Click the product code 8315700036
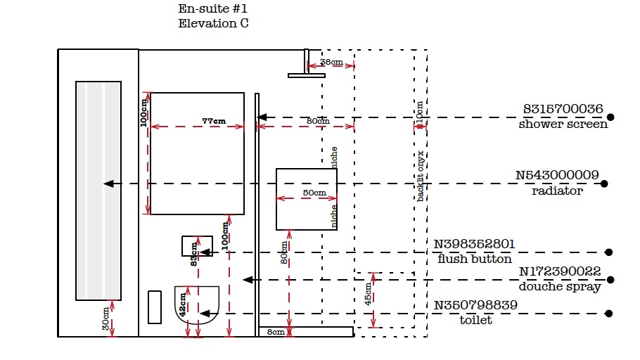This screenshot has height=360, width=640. (x=563, y=109)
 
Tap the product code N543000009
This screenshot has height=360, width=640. (x=557, y=175)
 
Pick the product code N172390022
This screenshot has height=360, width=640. (x=560, y=271)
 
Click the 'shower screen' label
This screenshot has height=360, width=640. (x=563, y=124)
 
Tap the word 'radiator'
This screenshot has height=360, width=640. (x=557, y=191)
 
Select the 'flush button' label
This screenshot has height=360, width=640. (x=474, y=259)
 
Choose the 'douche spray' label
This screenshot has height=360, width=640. (x=560, y=286)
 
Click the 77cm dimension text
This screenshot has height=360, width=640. (x=214, y=121)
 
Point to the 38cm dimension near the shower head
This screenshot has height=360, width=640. (x=331, y=63)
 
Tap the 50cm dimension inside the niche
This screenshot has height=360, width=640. (x=314, y=193)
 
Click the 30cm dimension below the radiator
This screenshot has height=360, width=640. (x=105, y=319)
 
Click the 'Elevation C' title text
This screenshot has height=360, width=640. (x=213, y=23)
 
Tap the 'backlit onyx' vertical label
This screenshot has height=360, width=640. (x=420, y=176)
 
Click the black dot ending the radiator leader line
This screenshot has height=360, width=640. (x=604, y=184)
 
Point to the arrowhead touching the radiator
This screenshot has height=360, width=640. (x=108, y=184)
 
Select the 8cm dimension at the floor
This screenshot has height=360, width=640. (x=275, y=332)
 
